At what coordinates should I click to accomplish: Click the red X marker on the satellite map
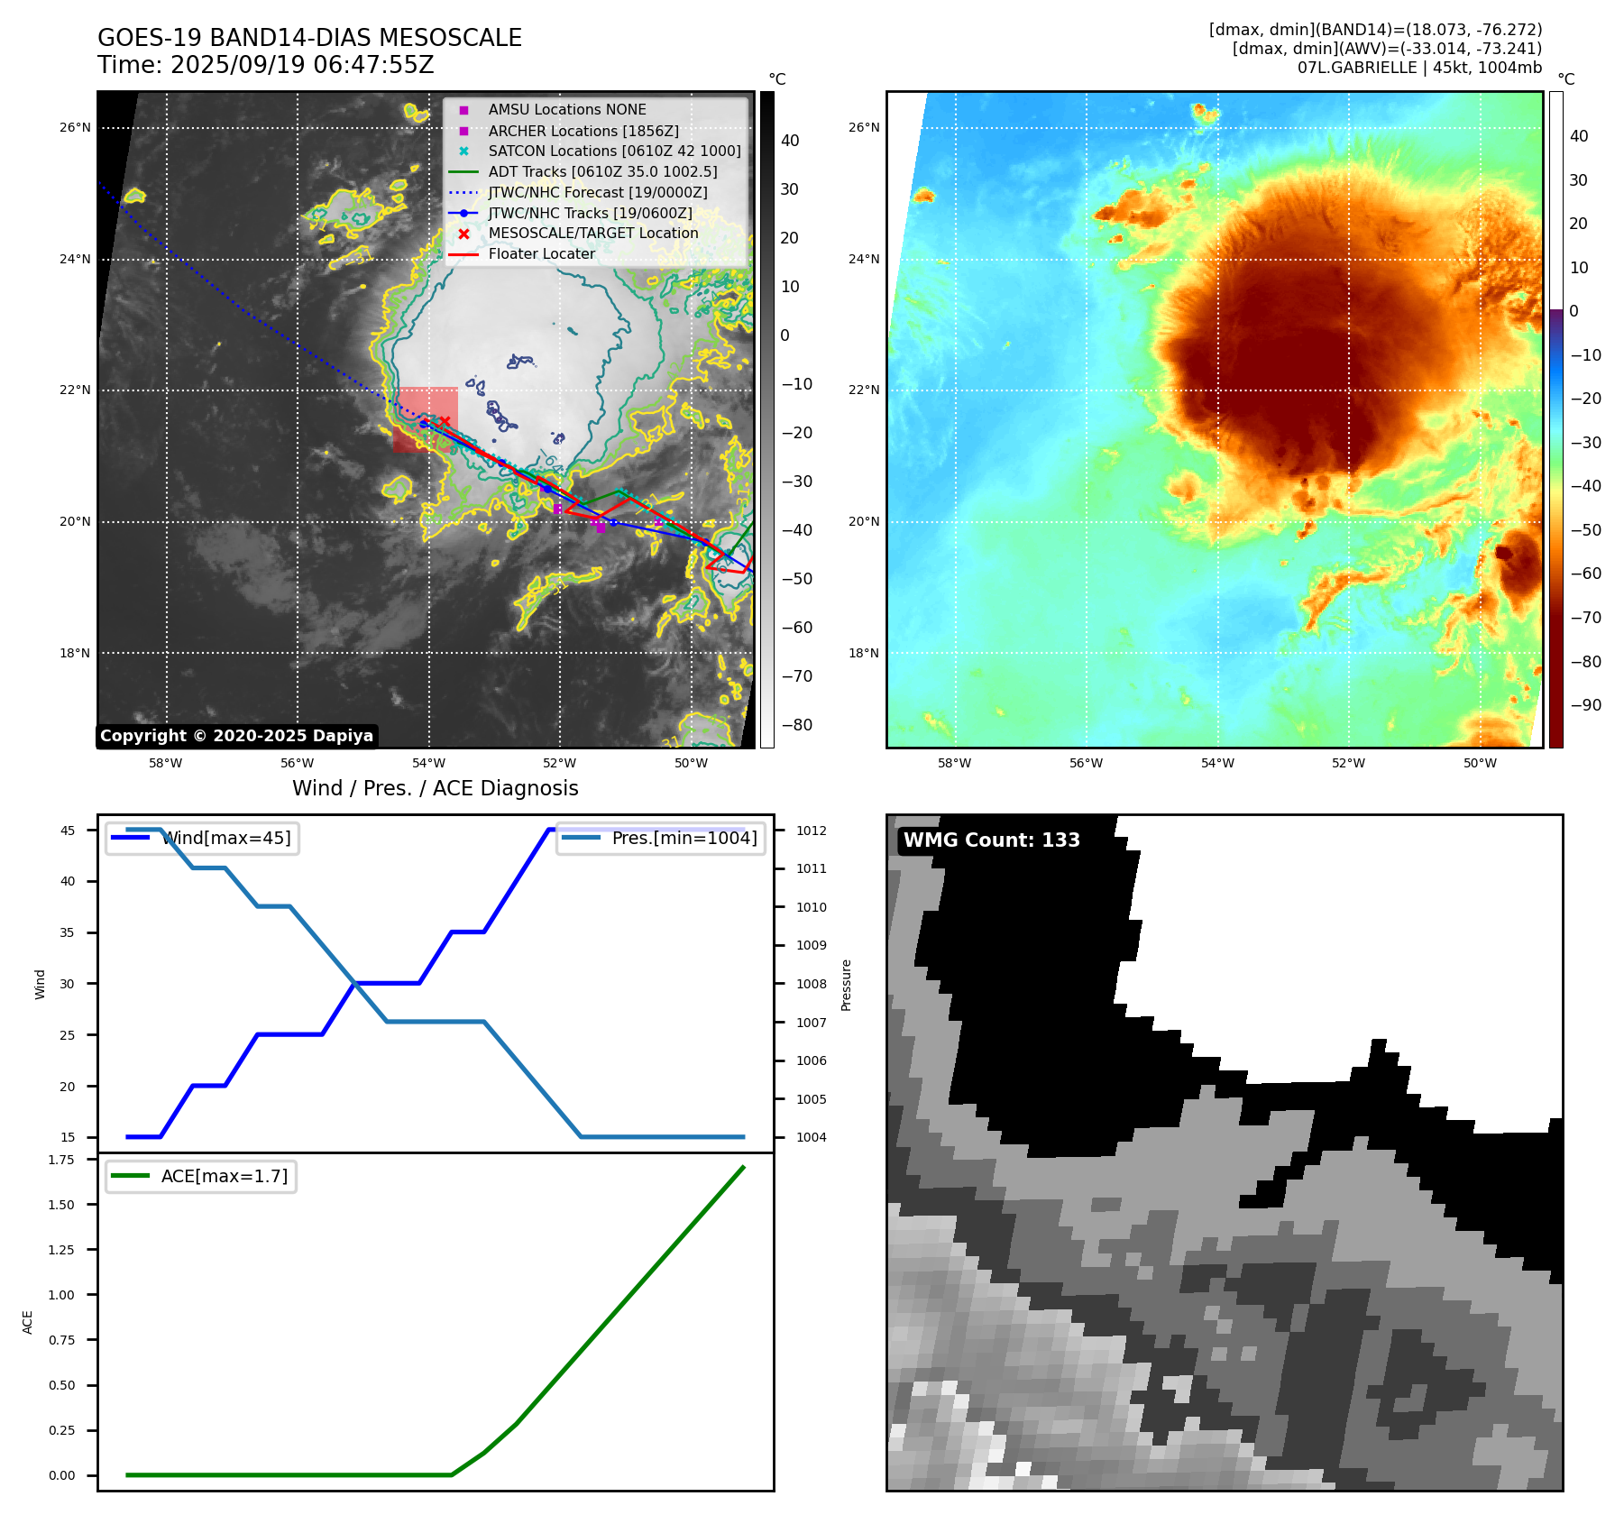click(445, 421)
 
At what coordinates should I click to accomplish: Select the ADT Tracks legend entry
click(602, 171)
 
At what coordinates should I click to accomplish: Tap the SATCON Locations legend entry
click(614, 151)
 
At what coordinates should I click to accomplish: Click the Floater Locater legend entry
click(541, 253)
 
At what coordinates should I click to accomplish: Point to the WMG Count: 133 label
click(991, 840)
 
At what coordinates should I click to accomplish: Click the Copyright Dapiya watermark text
click(236, 736)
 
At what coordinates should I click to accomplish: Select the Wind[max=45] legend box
click(202, 838)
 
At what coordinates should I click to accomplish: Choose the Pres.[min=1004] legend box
click(660, 838)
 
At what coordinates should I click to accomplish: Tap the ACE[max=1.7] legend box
click(201, 1176)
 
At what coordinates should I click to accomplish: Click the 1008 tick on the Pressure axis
click(811, 984)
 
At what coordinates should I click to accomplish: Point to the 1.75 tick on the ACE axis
click(61, 1160)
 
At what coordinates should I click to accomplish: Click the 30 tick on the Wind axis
click(68, 984)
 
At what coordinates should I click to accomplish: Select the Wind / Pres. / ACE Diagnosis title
click(436, 788)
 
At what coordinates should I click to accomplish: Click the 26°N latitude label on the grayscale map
click(75, 128)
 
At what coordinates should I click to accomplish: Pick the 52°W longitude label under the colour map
click(1348, 763)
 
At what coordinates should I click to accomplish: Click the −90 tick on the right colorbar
click(1585, 705)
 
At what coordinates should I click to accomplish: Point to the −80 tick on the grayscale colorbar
click(796, 725)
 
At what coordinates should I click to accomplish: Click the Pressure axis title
click(846, 985)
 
